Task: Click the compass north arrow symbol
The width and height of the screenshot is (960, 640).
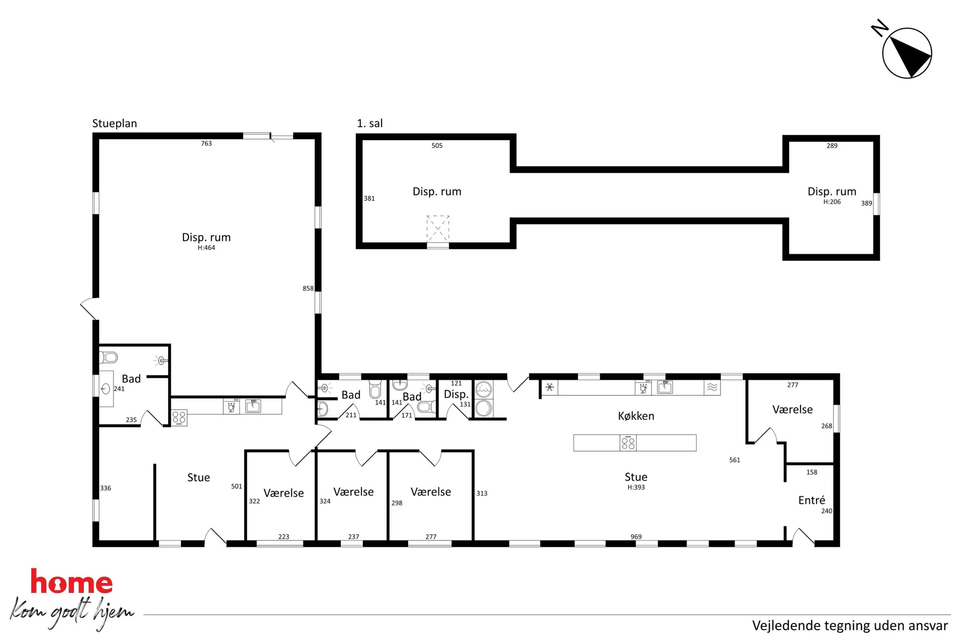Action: (907, 53)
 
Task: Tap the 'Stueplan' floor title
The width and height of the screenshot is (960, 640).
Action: (114, 123)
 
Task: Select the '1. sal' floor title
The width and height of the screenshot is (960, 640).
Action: (369, 123)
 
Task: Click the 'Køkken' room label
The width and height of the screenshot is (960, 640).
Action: (636, 416)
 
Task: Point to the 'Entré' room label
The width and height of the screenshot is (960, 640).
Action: (811, 500)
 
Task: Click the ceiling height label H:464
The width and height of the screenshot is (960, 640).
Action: (206, 248)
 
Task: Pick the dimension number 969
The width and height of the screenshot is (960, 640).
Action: (636, 537)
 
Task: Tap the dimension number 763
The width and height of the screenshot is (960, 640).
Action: (206, 143)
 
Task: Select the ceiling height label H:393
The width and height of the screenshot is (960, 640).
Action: (636, 487)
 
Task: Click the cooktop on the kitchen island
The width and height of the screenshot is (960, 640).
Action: (628, 443)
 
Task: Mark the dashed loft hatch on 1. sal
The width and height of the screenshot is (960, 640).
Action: (437, 229)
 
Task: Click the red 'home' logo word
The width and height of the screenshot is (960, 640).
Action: (71, 581)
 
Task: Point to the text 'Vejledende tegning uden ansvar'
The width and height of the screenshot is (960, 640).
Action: (850, 625)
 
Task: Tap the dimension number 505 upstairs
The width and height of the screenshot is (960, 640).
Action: (437, 146)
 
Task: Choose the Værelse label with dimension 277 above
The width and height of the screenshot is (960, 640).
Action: (792, 409)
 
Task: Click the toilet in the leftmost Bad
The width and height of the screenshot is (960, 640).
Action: (109, 357)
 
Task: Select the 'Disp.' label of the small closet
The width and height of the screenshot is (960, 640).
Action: (456, 394)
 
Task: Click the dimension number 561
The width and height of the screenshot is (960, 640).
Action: (734, 460)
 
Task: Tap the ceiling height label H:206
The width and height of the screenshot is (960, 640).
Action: (832, 202)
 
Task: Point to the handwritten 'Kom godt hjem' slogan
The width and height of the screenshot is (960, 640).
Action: (72, 613)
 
